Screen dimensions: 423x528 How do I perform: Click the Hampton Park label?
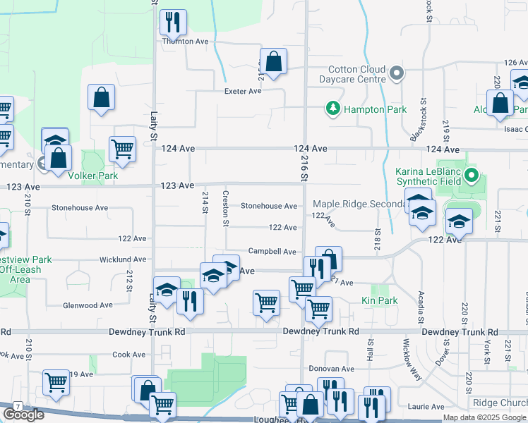(x=365, y=109)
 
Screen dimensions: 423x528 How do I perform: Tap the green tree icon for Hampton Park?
(x=332, y=109)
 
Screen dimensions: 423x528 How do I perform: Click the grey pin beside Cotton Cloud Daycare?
(x=397, y=73)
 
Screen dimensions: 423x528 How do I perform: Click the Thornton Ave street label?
(x=186, y=42)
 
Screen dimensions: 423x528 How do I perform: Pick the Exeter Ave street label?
(x=244, y=91)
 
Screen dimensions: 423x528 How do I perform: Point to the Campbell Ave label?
(x=272, y=251)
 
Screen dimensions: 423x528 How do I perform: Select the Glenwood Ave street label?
(x=88, y=305)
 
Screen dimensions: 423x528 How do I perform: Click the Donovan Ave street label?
(x=332, y=369)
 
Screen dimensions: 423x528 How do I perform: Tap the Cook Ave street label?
(x=128, y=355)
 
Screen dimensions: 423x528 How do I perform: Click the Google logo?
(x=23, y=415)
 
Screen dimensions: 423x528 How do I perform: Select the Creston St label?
(x=226, y=209)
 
